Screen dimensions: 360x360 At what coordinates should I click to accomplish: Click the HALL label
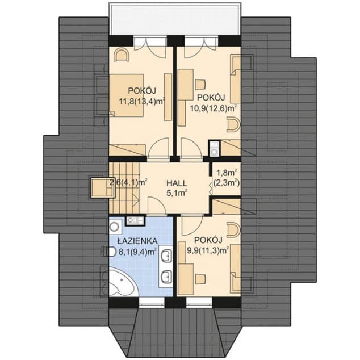click(x=177, y=183)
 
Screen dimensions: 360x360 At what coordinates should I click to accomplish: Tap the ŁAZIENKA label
click(x=137, y=241)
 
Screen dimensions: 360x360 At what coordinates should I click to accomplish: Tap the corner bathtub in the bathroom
click(x=123, y=283)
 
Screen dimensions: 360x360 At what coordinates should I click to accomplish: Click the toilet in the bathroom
click(x=108, y=252)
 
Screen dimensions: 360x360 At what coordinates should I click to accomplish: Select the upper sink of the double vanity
click(x=166, y=256)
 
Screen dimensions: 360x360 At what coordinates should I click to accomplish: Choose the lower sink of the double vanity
click(x=166, y=277)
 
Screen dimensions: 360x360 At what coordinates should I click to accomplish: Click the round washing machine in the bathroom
click(x=115, y=227)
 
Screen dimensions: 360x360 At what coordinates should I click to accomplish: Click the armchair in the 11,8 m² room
click(x=122, y=55)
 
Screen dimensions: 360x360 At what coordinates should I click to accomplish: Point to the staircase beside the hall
click(x=124, y=188)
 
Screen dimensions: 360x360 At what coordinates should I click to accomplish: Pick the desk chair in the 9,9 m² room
click(x=200, y=278)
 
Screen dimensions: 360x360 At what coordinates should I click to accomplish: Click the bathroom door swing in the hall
click(x=157, y=206)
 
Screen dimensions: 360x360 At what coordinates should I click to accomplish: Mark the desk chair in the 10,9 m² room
click(x=200, y=84)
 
